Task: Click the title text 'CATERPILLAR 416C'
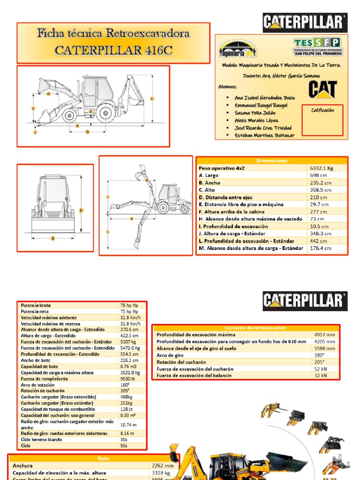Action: [x=113, y=50]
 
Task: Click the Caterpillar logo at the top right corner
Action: [x=305, y=22]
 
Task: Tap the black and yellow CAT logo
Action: [x=322, y=90]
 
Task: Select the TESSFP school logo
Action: [x=317, y=46]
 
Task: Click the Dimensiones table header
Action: [x=271, y=161]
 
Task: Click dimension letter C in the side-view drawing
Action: [x=152, y=98]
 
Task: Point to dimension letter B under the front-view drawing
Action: [x=53, y=239]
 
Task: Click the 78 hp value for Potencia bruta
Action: [x=128, y=305]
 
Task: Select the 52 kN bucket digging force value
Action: [x=321, y=369]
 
